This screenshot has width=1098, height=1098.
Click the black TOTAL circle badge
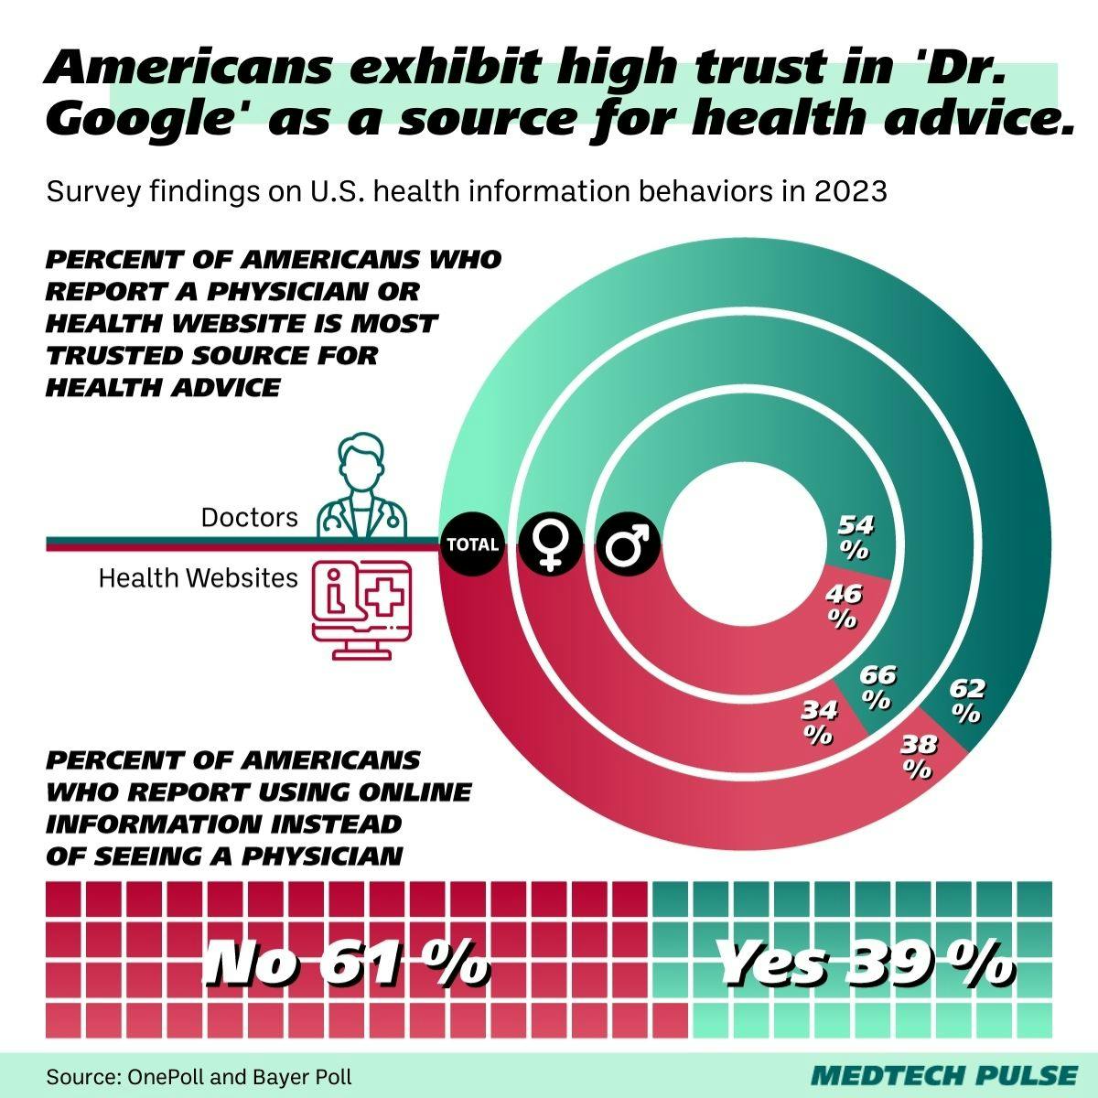[472, 544]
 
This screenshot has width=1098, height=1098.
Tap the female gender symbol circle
[550, 544]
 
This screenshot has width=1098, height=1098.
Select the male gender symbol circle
[629, 544]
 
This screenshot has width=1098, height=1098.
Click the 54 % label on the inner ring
[856, 537]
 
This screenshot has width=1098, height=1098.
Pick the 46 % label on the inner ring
[843, 607]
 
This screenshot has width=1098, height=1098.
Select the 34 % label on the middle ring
[818, 720]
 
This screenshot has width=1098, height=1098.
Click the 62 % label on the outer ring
[966, 700]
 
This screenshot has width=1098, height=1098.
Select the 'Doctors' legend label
[249, 518]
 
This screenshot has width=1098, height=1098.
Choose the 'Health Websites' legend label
[198, 578]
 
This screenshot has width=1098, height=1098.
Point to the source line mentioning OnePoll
[199, 1076]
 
